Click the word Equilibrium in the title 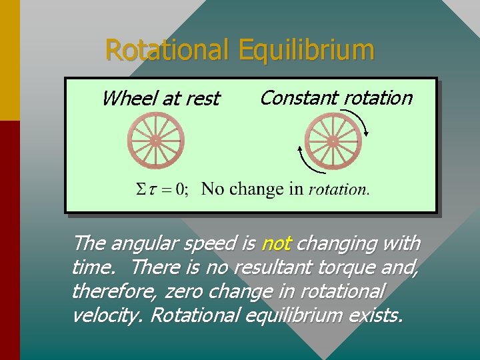[306, 50]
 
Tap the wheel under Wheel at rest [156, 141]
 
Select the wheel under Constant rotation [333, 141]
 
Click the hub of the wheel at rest [156, 141]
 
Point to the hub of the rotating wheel [333, 141]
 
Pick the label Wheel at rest [161, 99]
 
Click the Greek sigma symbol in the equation [141, 189]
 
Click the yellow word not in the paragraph [275, 244]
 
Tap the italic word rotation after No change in [338, 189]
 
